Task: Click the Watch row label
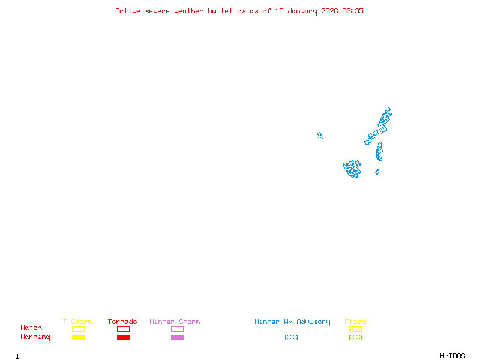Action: (31, 328)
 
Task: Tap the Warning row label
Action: (35, 337)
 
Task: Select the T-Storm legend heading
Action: (77, 322)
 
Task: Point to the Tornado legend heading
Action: (122, 322)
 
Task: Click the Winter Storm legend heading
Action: (175, 322)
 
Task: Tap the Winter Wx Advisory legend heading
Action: (292, 322)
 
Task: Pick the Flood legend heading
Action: (355, 322)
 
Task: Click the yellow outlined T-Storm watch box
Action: (78, 329)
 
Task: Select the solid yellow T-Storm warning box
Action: (78, 338)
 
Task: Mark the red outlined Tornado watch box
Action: (123, 329)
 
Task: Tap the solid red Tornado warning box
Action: (123, 338)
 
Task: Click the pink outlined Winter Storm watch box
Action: (177, 329)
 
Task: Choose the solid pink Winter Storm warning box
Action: (177, 338)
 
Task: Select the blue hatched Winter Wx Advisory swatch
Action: (291, 338)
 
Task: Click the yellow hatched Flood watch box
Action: (355, 329)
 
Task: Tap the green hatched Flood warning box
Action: (355, 338)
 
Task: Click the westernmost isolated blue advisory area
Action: (320, 136)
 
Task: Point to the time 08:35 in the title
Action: (353, 11)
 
